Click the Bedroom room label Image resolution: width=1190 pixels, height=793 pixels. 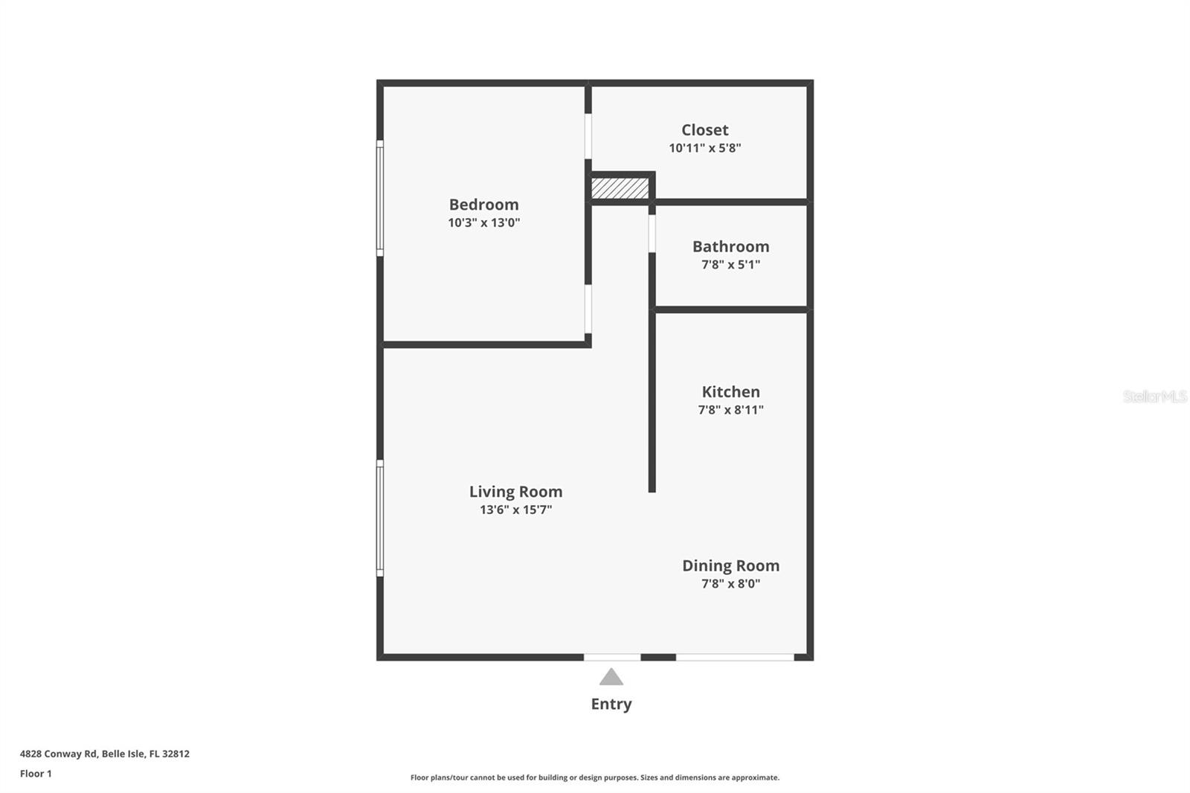483,205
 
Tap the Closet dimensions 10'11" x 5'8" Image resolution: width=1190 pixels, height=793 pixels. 704,148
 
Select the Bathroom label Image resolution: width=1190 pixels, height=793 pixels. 730,247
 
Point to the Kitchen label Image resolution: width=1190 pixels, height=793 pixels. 730,392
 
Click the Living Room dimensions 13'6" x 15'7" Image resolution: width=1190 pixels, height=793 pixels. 515,510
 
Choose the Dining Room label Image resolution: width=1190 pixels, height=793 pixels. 730,565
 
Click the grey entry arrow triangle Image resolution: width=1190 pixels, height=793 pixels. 611,677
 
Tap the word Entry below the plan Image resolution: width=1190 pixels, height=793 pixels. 611,704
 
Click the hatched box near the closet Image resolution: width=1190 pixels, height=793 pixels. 620,188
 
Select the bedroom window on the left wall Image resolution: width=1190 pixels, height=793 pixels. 380,198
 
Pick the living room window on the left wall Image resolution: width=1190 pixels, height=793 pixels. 380,518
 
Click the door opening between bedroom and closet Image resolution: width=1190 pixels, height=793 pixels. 588,136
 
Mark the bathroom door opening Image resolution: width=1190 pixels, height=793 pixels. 652,234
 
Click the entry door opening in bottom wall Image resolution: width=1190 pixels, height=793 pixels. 612,658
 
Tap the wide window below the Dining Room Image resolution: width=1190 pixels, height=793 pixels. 735,658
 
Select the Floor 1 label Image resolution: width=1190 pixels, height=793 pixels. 36,774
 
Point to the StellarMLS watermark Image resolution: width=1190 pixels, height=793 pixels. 1155,396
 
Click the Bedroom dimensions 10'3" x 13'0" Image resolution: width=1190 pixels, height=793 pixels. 483,222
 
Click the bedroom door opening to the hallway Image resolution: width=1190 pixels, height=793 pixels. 588,309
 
